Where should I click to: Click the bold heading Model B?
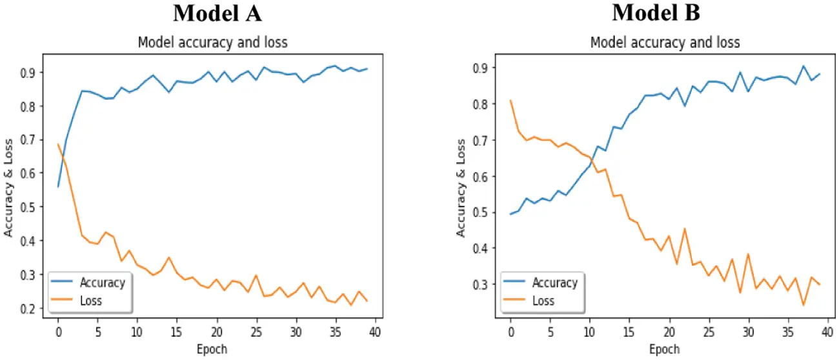(x=656, y=12)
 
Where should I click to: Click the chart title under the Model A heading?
(x=212, y=43)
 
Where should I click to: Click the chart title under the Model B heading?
(x=665, y=43)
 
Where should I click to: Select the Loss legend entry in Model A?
(x=90, y=300)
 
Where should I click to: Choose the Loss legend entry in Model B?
(x=543, y=300)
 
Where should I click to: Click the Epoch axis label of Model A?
(x=212, y=349)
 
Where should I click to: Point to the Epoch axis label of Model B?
(x=665, y=349)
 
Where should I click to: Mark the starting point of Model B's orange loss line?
(x=510, y=100)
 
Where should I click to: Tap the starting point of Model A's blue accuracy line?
(x=58, y=186)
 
